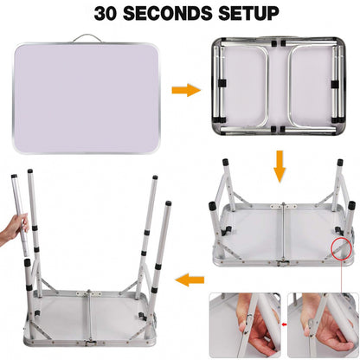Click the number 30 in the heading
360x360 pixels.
[105, 13]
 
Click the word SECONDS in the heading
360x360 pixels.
[168, 13]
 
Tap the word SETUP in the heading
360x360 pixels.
[248, 13]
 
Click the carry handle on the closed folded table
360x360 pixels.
[87, 38]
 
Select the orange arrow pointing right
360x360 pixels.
[186, 90]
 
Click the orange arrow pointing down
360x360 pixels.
[280, 166]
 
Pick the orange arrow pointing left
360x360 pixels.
[190, 280]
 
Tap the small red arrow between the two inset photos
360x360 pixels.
[285, 325]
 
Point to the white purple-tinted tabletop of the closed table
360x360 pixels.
[86, 98]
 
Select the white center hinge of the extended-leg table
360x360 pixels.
[88, 293]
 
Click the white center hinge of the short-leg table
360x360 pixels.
[283, 206]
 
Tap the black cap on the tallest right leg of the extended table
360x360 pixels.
[168, 203]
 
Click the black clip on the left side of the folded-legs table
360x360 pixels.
[222, 83]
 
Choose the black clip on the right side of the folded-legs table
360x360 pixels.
[334, 84]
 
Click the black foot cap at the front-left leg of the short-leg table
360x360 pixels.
[212, 206]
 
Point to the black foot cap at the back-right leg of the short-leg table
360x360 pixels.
[340, 162]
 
